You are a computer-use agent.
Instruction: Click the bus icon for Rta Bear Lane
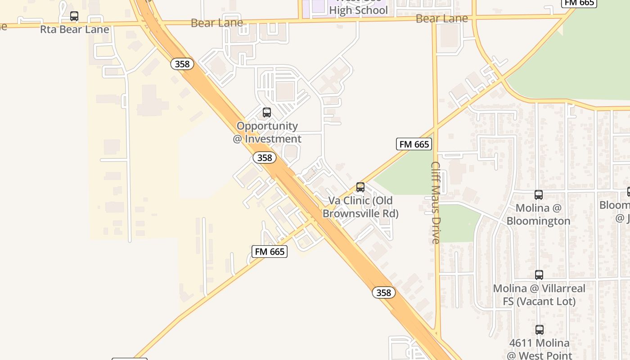coord(74,17)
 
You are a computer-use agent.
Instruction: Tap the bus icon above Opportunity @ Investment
coord(267,112)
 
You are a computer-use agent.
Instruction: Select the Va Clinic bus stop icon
coord(360,187)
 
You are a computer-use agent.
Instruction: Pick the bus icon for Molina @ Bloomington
coord(539,195)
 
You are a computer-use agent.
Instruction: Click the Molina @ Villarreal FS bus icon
coord(539,274)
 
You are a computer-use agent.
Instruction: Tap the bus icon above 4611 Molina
coord(539,330)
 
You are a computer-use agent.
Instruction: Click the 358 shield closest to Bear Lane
coord(182,64)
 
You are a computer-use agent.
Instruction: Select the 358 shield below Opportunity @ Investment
coord(265,157)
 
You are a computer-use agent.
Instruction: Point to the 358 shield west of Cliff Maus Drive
coord(384,292)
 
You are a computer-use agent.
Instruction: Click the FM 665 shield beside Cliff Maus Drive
coord(414,144)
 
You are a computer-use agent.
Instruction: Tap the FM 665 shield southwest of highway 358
coord(270,252)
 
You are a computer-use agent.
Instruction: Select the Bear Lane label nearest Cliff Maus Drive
coord(442,18)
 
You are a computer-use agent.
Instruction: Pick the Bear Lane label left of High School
coord(217,23)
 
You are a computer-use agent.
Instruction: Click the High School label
coord(358,10)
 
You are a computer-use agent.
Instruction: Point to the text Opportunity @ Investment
coord(267,132)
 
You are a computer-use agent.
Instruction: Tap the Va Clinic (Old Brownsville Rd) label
coord(360,207)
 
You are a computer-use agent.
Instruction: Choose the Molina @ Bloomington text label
coord(538,214)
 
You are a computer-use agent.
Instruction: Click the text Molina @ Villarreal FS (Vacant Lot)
coord(539,295)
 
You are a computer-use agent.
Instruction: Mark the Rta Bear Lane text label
coord(75,30)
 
